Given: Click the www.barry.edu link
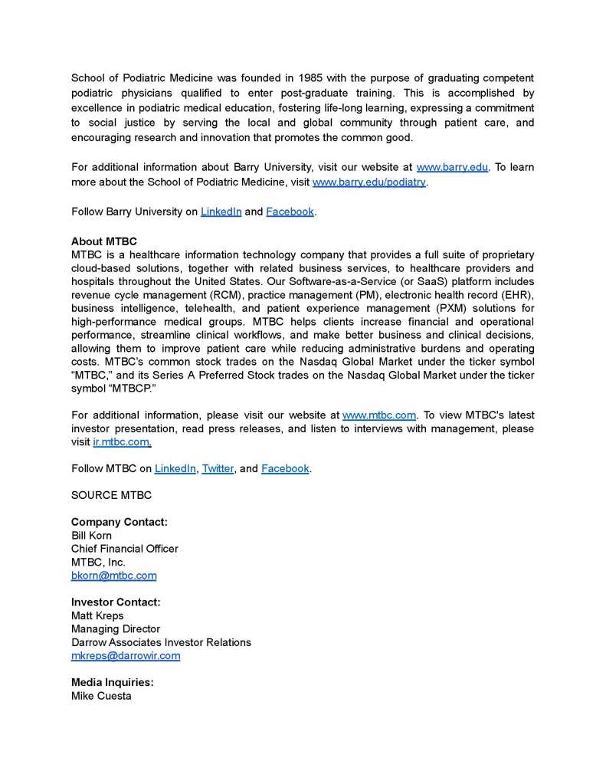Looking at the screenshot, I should pos(452,167).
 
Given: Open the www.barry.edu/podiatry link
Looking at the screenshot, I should pos(369,182).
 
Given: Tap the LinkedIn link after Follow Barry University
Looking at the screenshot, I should pos(221,212).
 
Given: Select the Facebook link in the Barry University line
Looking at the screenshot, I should pos(290,212).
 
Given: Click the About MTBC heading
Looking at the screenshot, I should pos(104,241).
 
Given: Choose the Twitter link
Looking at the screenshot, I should pos(218,468).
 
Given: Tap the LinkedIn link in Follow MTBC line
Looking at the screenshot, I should pos(175,468).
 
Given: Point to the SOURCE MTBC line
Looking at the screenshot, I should pos(111,495).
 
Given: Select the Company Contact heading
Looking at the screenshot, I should pos(120,522).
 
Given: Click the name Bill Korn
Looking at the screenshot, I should pos(91,536).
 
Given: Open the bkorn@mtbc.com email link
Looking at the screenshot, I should pos(113,576).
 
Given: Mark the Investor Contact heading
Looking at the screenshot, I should pos(116,602).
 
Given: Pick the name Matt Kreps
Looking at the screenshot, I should pos(97,616).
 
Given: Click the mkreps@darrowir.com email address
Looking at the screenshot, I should pos(126,656).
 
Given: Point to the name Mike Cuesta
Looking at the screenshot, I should pos(101,696).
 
